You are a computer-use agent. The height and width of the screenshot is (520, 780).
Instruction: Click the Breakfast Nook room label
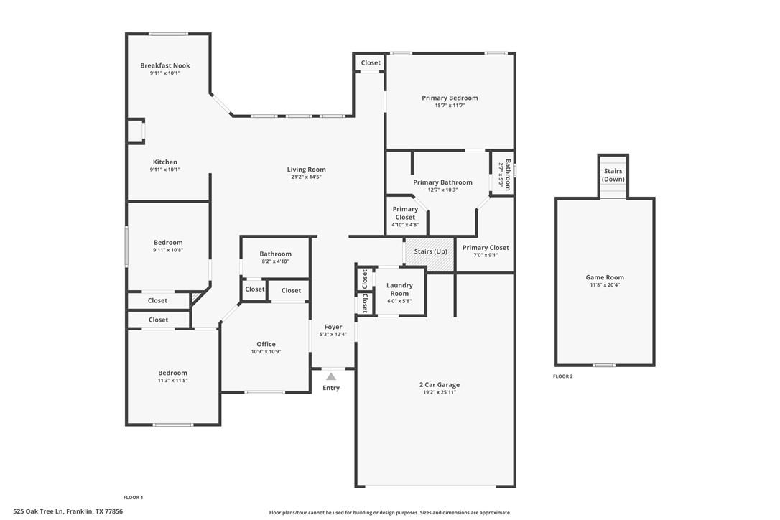pyautogui.click(x=165, y=65)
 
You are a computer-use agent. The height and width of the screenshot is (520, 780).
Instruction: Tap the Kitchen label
pyautogui.click(x=164, y=162)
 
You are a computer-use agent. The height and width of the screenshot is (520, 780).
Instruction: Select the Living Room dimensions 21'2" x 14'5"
pyautogui.click(x=306, y=177)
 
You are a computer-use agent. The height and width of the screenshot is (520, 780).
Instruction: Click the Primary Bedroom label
pyautogui.click(x=450, y=98)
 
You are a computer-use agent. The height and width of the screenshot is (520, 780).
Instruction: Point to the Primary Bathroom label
pyautogui.click(x=442, y=182)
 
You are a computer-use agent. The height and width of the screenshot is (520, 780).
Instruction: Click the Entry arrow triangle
pyautogui.click(x=331, y=376)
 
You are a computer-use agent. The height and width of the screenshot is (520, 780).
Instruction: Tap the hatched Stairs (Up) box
pyautogui.click(x=430, y=252)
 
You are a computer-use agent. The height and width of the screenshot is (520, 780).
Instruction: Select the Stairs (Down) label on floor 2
pyautogui.click(x=613, y=175)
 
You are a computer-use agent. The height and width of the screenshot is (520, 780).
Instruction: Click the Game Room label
pyautogui.click(x=604, y=277)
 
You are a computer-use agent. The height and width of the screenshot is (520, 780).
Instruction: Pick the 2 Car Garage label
pyautogui.click(x=440, y=385)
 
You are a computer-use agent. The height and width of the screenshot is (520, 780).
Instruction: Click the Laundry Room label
pyautogui.click(x=399, y=289)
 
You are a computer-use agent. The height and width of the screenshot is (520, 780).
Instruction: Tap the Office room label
pyautogui.click(x=266, y=344)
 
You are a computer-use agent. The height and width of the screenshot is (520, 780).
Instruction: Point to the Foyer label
pyautogui.click(x=333, y=327)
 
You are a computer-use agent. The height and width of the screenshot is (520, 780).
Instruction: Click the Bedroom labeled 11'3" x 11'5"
pyautogui.click(x=172, y=373)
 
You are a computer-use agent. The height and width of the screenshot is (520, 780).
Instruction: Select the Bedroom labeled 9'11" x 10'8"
pyautogui.click(x=168, y=243)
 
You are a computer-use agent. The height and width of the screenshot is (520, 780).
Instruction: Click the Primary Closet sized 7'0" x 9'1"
pyautogui.click(x=486, y=248)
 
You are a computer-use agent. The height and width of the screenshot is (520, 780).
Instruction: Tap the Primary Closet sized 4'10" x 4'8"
pyautogui.click(x=405, y=213)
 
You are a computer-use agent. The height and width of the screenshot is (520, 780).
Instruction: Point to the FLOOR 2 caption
pyautogui.click(x=562, y=376)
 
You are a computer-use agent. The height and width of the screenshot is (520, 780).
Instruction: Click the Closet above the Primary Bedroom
pyautogui.click(x=371, y=63)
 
